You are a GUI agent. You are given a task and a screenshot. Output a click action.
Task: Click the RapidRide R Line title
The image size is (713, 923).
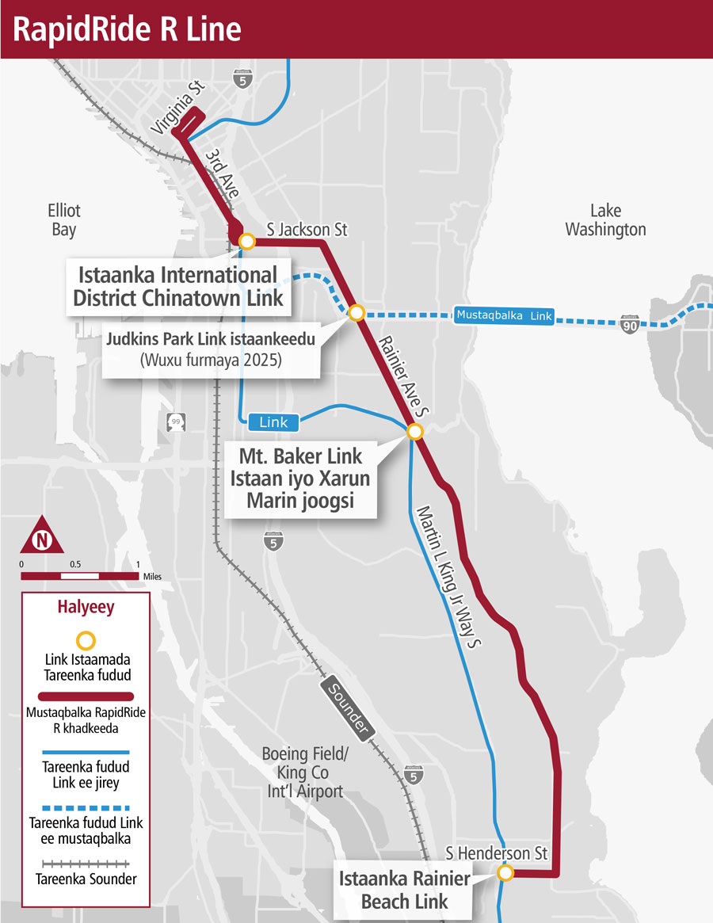coord(128,29)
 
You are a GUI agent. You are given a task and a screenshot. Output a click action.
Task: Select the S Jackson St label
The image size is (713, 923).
coord(307,230)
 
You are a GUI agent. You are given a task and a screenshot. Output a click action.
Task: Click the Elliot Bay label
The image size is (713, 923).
coord(63,220)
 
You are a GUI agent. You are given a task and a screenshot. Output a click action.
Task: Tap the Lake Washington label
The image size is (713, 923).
coord(606,220)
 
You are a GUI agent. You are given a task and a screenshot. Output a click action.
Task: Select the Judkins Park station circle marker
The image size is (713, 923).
coord(356,312)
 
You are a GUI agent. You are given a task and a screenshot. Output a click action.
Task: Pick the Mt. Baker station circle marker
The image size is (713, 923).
coord(414,432)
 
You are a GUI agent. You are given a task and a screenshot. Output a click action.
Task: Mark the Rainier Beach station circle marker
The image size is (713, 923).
coord(505,873)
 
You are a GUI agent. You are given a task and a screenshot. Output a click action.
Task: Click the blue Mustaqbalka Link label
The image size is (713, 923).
coord(503,315)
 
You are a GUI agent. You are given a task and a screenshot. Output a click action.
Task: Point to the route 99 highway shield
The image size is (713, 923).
coord(176,421)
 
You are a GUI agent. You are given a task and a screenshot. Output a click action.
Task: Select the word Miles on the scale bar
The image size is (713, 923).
coord(153,577)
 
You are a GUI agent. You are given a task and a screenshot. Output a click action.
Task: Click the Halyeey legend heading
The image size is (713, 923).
coord(86,608)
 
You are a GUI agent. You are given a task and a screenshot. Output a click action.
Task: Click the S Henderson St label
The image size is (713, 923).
coord(497,854)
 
